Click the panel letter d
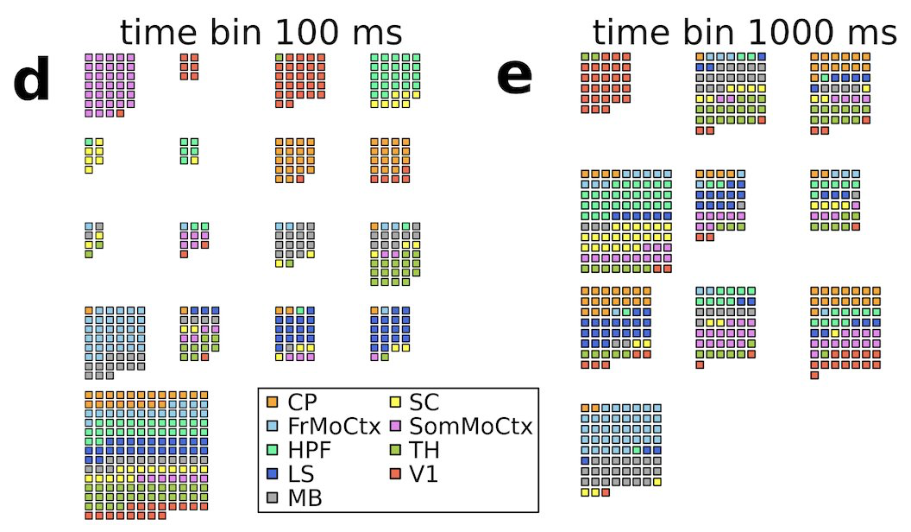(x=31, y=83)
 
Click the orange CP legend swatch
(x=272, y=402)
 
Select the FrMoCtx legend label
(x=334, y=426)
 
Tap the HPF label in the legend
(x=308, y=450)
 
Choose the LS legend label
(x=302, y=474)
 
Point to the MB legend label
(x=305, y=498)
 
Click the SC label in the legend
(x=424, y=402)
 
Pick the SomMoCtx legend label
(x=470, y=426)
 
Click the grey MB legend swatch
(x=272, y=498)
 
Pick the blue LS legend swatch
(x=272, y=474)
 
